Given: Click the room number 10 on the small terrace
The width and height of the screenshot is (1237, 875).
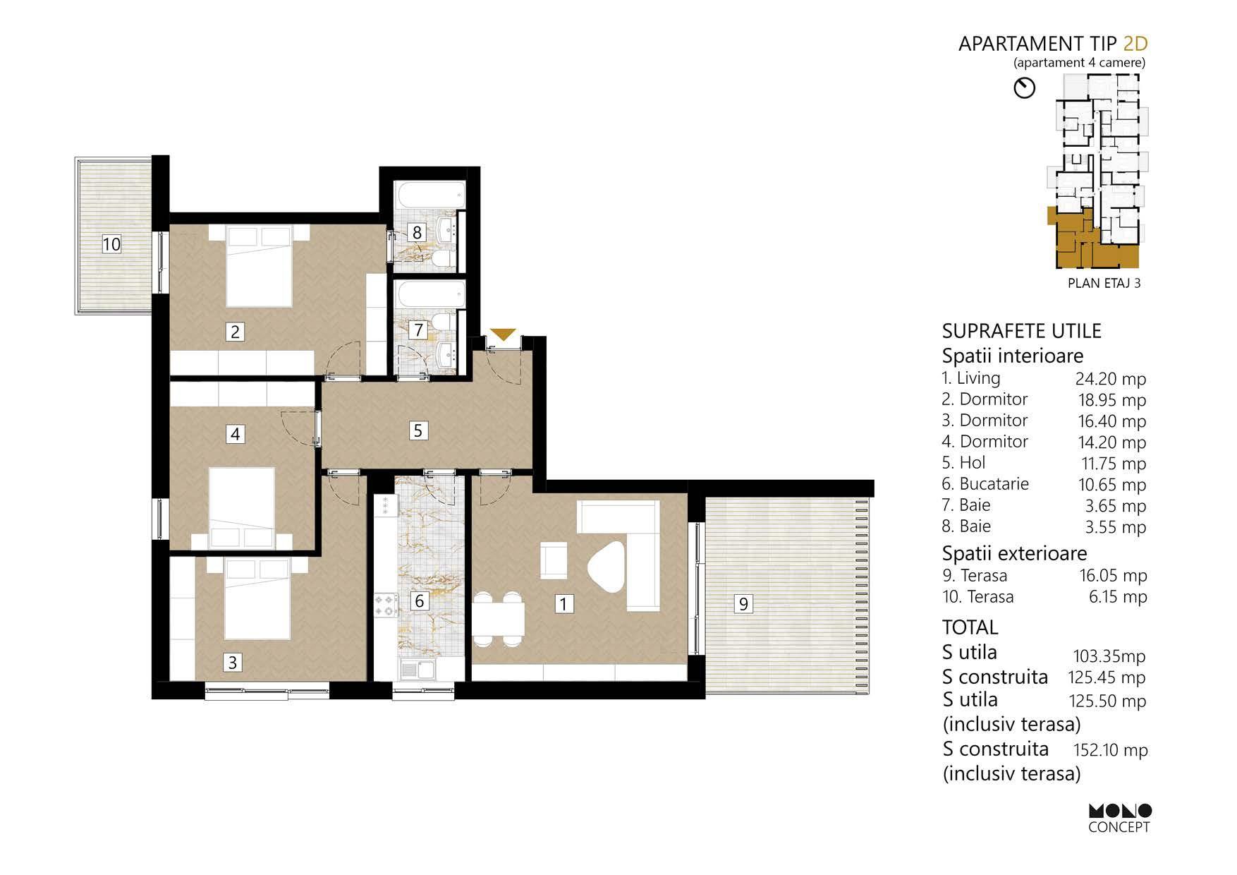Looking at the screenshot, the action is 111,244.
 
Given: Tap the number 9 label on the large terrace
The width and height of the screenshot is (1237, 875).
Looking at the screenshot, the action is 743,603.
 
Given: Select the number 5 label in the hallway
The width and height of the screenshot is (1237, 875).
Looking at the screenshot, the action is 418,430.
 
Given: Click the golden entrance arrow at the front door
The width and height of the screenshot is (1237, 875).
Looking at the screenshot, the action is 503,335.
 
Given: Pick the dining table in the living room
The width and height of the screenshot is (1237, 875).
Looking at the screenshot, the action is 499,619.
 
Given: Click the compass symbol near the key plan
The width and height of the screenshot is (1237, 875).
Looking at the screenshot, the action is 1024,88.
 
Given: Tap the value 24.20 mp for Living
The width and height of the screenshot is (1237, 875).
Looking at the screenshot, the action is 1110,379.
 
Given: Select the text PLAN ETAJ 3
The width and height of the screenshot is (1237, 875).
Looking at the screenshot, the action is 1104,284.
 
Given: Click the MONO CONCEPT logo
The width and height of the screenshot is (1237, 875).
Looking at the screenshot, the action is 1119,818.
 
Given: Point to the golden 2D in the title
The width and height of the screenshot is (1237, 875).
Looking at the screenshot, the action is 1135,44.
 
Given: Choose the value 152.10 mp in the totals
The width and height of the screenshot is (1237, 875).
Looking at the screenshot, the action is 1110,750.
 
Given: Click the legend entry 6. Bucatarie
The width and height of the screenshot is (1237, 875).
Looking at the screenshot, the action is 985,484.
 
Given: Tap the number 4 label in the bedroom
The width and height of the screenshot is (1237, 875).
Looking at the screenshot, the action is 236,433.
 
